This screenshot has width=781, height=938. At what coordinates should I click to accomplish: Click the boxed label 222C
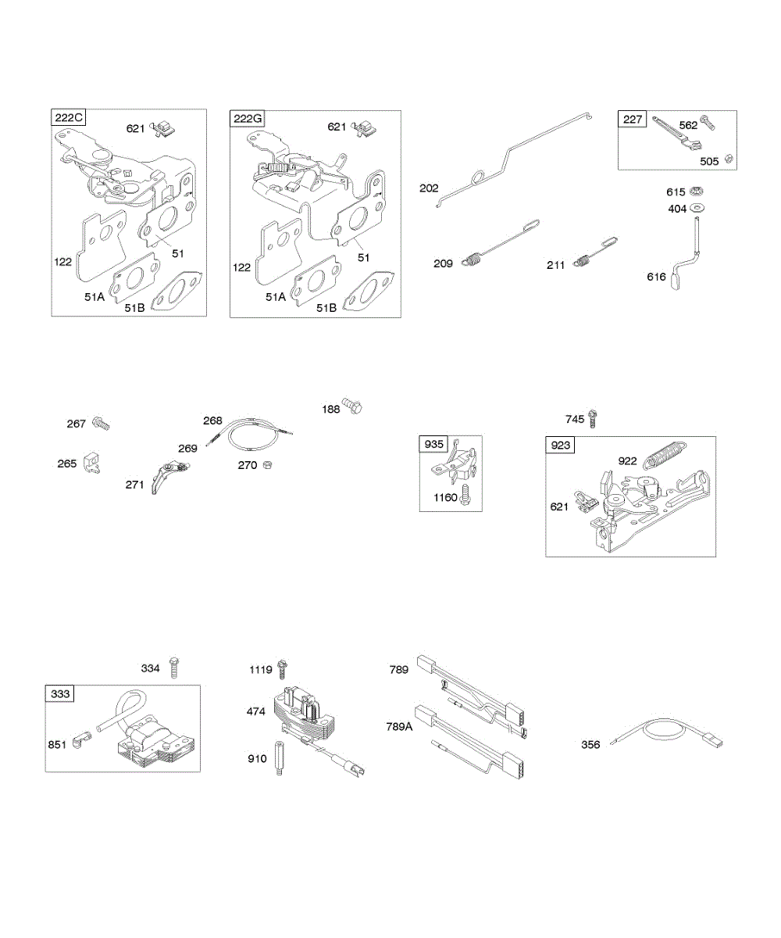click(69, 118)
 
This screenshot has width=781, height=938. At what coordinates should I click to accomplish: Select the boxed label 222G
click(248, 119)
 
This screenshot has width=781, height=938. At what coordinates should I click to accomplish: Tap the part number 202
click(429, 188)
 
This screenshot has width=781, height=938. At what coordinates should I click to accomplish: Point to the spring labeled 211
click(580, 262)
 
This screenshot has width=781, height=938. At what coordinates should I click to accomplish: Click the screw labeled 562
click(708, 122)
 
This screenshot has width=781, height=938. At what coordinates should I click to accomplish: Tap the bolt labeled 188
click(354, 407)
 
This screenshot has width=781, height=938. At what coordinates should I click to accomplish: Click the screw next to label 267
click(101, 424)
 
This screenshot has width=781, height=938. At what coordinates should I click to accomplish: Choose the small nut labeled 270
click(267, 464)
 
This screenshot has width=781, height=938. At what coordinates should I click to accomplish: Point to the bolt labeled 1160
click(465, 495)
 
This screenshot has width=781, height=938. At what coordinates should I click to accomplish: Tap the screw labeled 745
click(593, 418)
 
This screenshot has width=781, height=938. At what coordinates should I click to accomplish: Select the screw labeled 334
click(174, 668)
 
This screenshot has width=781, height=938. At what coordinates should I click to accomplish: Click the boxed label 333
click(59, 693)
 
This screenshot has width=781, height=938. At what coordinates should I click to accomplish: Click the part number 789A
click(401, 726)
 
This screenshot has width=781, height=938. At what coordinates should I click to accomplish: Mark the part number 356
click(590, 745)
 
